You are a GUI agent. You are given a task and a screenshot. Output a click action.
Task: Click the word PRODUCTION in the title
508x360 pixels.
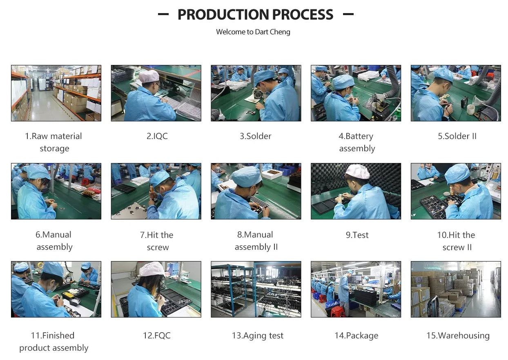223,15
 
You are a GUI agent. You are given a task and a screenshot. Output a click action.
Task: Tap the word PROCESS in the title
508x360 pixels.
303,15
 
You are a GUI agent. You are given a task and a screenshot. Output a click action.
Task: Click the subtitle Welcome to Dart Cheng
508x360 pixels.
253,32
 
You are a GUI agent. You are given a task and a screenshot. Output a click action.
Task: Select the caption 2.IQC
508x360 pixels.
157,136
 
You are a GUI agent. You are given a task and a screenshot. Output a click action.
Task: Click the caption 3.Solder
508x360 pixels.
256,136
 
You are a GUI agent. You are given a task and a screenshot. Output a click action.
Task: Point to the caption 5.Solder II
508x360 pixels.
457,136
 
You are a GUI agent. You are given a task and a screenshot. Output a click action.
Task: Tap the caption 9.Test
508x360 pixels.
357,235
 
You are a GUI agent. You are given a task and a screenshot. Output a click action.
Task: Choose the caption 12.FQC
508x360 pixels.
157,335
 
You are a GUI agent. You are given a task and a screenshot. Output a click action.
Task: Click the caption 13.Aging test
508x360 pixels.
258,336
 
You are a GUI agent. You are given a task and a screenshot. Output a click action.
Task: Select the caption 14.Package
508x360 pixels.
356,336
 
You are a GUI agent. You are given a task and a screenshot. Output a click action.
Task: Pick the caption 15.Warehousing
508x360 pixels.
458,336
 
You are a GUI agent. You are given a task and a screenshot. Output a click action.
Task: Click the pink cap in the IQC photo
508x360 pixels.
149,76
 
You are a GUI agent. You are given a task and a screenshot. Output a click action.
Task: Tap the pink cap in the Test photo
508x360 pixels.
358,171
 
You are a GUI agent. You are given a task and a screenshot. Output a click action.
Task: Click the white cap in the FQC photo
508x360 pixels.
152,269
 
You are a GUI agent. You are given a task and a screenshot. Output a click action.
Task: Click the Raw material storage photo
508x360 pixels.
56,93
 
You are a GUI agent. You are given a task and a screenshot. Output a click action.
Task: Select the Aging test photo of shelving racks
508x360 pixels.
256,289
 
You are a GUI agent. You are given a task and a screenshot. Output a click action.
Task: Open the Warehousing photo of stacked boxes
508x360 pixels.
456,289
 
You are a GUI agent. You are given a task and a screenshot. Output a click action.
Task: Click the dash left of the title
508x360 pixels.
163,14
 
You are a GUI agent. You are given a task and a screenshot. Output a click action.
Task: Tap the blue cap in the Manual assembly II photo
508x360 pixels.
247,177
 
